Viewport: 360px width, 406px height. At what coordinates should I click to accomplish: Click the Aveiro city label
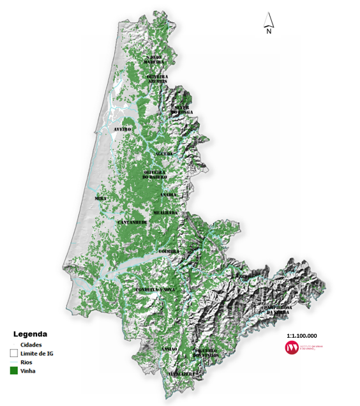(x=122, y=129)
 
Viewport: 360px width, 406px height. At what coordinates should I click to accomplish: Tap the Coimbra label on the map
(x=170, y=252)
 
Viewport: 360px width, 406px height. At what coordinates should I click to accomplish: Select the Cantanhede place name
(x=132, y=222)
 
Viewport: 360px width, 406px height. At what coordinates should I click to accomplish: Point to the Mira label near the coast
(x=100, y=199)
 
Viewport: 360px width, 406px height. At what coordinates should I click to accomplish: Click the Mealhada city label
(x=165, y=212)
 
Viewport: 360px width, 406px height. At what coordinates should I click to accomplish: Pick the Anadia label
(x=169, y=194)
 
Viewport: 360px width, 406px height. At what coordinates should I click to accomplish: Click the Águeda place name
(x=164, y=154)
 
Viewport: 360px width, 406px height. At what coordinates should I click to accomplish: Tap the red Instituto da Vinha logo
(x=292, y=347)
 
